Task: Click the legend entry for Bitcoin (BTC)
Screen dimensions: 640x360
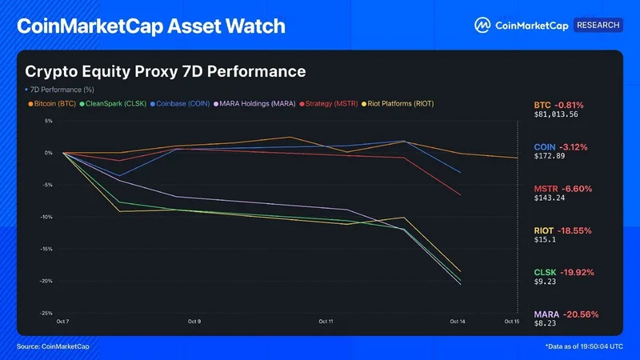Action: pyautogui.click(x=52, y=104)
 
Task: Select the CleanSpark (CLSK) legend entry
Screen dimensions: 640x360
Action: pyautogui.click(x=113, y=104)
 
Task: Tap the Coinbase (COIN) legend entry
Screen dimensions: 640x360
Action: pyautogui.click(x=180, y=104)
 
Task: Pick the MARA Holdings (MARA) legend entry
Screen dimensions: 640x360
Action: pyautogui.click(x=254, y=104)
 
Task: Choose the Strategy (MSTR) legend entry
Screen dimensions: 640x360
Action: pyautogui.click(x=329, y=104)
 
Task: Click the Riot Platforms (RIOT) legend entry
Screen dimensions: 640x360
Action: pyautogui.click(x=398, y=104)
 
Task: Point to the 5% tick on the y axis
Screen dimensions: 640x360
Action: pyautogui.click(x=49, y=121)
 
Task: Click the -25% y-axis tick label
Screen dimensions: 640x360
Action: pyautogui.click(x=46, y=313)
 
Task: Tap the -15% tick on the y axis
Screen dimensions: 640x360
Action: pyautogui.click(x=46, y=249)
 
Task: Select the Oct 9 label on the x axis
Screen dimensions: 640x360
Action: pyautogui.click(x=194, y=322)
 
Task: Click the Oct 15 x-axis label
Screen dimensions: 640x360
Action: pyautogui.click(x=512, y=322)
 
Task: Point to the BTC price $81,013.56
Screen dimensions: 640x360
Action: pyautogui.click(x=556, y=114)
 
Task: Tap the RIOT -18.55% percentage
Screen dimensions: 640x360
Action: pyautogui.click(x=574, y=230)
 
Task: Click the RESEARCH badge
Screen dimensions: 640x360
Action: pyautogui.click(x=598, y=25)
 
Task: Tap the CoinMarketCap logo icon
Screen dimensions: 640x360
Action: pyautogui.click(x=482, y=26)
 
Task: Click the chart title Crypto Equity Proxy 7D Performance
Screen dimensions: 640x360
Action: pyautogui.click(x=166, y=71)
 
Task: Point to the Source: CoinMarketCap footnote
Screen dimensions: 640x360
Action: pyautogui.click(x=53, y=346)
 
